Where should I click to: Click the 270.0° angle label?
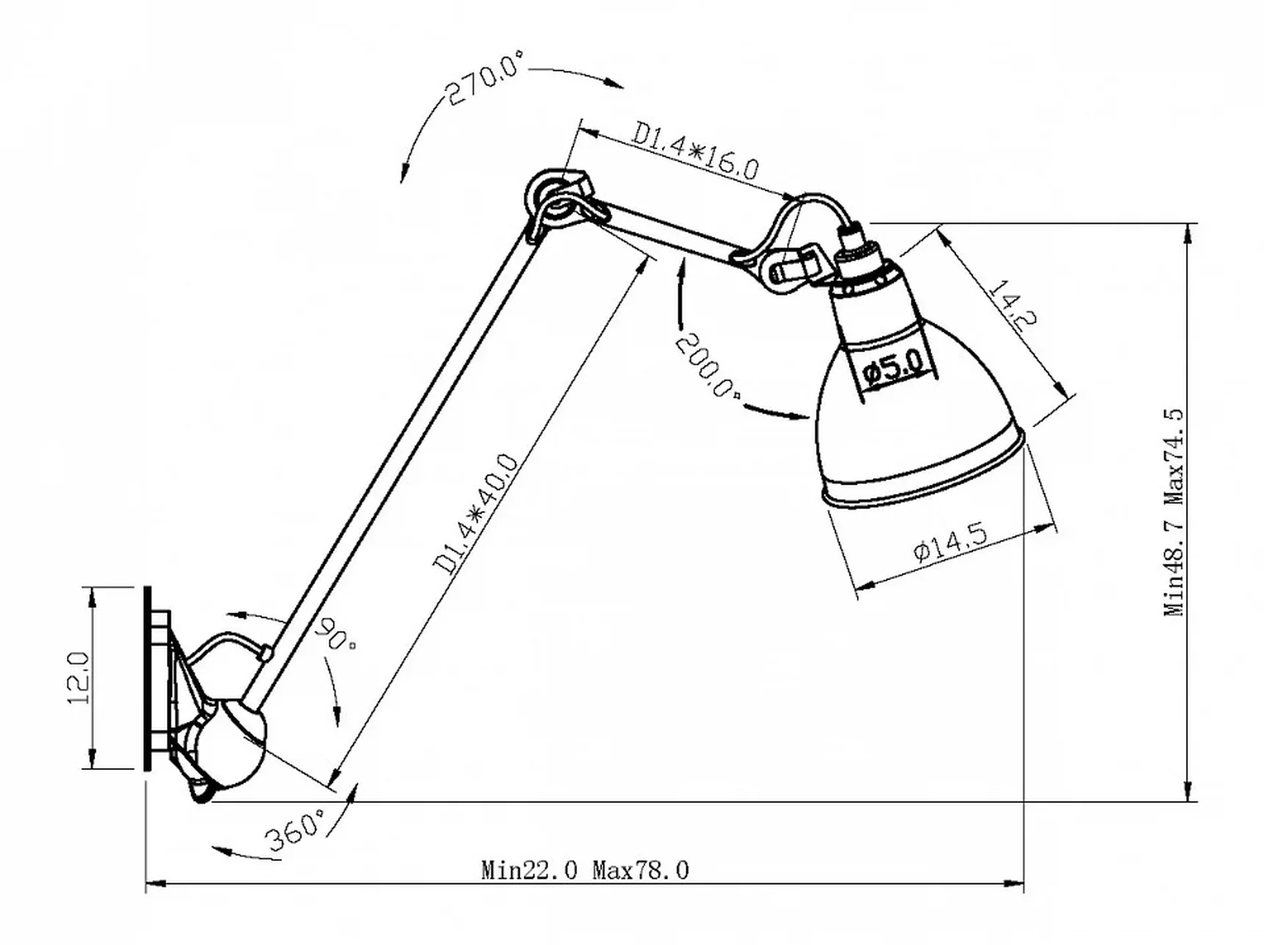click(x=485, y=78)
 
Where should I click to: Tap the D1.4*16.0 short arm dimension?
click(x=695, y=151)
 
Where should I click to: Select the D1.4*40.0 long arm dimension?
click(x=476, y=513)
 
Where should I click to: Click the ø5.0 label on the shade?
click(x=894, y=367)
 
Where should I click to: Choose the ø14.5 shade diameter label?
click(x=950, y=543)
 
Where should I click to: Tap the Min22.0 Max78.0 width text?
click(x=585, y=871)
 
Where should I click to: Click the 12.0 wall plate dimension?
click(x=79, y=677)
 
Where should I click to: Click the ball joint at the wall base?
click(x=231, y=746)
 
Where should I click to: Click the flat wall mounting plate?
click(x=148, y=677)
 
